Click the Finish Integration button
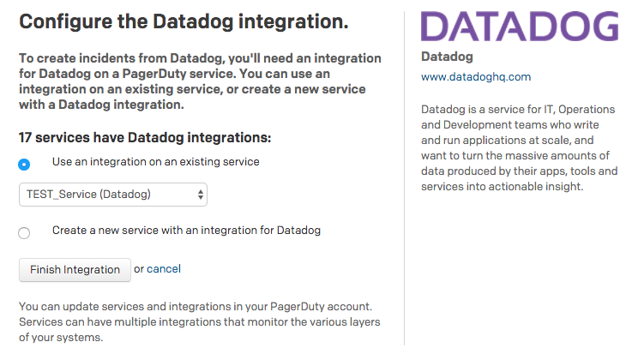point(75,270)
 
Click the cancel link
point(164,269)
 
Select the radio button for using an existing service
point(24,165)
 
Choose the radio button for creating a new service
point(24,233)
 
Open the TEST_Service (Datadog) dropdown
point(113,195)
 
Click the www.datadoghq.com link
point(476,77)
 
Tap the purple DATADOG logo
point(520,27)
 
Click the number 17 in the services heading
point(25,138)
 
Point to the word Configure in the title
point(65,21)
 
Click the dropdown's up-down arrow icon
point(200,195)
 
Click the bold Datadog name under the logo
point(447,57)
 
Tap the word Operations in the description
point(587,110)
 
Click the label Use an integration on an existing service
point(156,162)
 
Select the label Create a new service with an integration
point(186,231)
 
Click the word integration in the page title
point(293,22)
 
